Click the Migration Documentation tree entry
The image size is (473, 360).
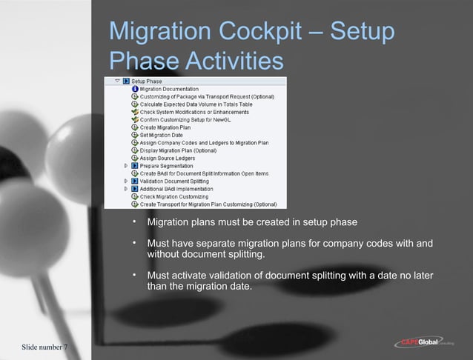(x=169, y=89)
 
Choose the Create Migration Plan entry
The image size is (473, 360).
(x=165, y=127)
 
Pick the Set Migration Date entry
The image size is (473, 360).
(x=162, y=136)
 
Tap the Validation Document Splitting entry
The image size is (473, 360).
(x=174, y=181)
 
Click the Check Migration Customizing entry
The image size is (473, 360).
(x=175, y=196)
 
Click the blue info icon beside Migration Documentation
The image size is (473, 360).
(x=135, y=89)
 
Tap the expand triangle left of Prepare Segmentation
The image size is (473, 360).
(x=126, y=166)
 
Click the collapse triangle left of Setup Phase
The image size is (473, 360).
(x=117, y=81)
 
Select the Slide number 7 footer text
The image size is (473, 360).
(x=45, y=347)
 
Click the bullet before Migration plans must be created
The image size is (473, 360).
(x=134, y=222)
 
